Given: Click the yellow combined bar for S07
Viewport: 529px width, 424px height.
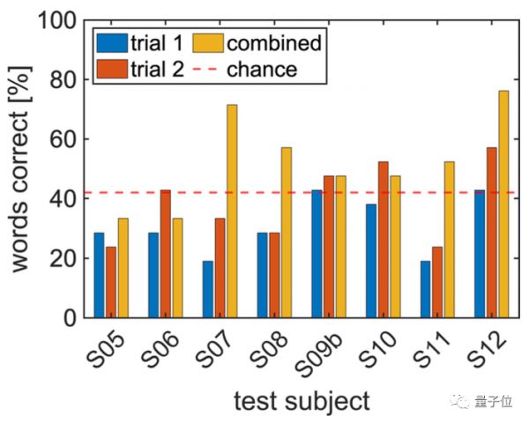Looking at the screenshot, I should click(x=232, y=212).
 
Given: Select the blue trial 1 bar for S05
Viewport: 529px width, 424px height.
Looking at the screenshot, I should click(x=99, y=275).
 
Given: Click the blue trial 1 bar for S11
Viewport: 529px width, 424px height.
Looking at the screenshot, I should click(x=426, y=289).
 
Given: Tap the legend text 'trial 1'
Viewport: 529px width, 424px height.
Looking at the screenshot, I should click(x=157, y=41).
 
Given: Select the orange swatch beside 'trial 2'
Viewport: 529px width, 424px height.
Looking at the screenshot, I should click(x=112, y=68).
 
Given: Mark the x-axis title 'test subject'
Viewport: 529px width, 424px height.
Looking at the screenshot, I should click(x=302, y=401).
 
